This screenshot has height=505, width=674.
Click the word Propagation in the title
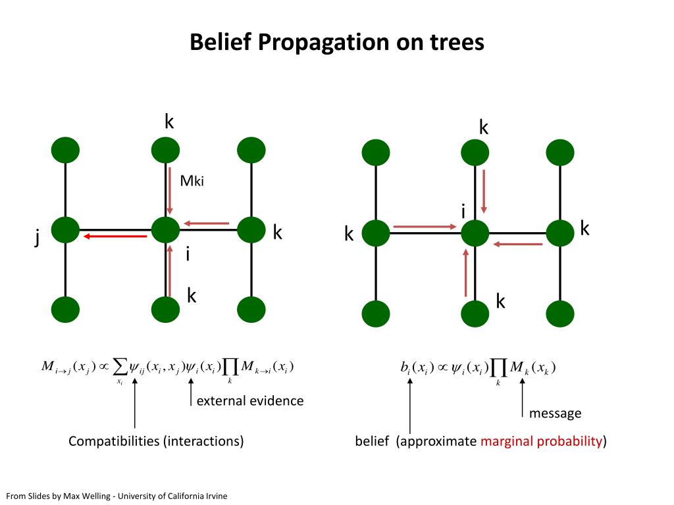(x=323, y=43)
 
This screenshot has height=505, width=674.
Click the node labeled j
(x=65, y=230)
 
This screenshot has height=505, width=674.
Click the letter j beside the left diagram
(x=38, y=238)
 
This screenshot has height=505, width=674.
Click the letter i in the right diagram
(x=463, y=211)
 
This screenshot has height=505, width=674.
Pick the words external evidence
(x=250, y=400)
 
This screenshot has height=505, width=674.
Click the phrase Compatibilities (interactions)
(x=156, y=441)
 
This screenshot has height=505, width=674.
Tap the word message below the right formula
(x=555, y=414)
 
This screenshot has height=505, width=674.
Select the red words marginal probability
(x=541, y=441)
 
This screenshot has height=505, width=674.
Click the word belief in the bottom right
(x=373, y=441)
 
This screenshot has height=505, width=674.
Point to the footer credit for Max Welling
(x=117, y=496)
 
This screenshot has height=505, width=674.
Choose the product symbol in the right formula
(x=499, y=369)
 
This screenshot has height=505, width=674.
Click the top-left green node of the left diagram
(x=65, y=150)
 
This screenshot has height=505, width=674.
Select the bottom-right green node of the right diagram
(x=560, y=313)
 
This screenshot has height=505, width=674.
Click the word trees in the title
(x=454, y=43)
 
